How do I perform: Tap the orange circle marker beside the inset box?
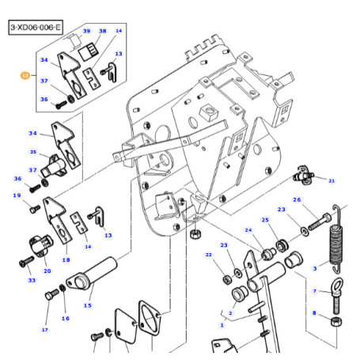point(24,77)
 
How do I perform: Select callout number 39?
point(86,30)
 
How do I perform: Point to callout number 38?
point(102,30)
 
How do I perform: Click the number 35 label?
point(33,152)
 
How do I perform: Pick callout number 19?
point(16,195)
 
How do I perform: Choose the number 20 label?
point(47,271)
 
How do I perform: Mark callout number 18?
point(66,259)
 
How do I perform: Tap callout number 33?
point(31,281)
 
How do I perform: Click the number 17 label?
point(44,330)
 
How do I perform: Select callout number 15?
point(87,305)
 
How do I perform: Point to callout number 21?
point(332,180)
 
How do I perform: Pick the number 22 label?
point(208,255)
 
